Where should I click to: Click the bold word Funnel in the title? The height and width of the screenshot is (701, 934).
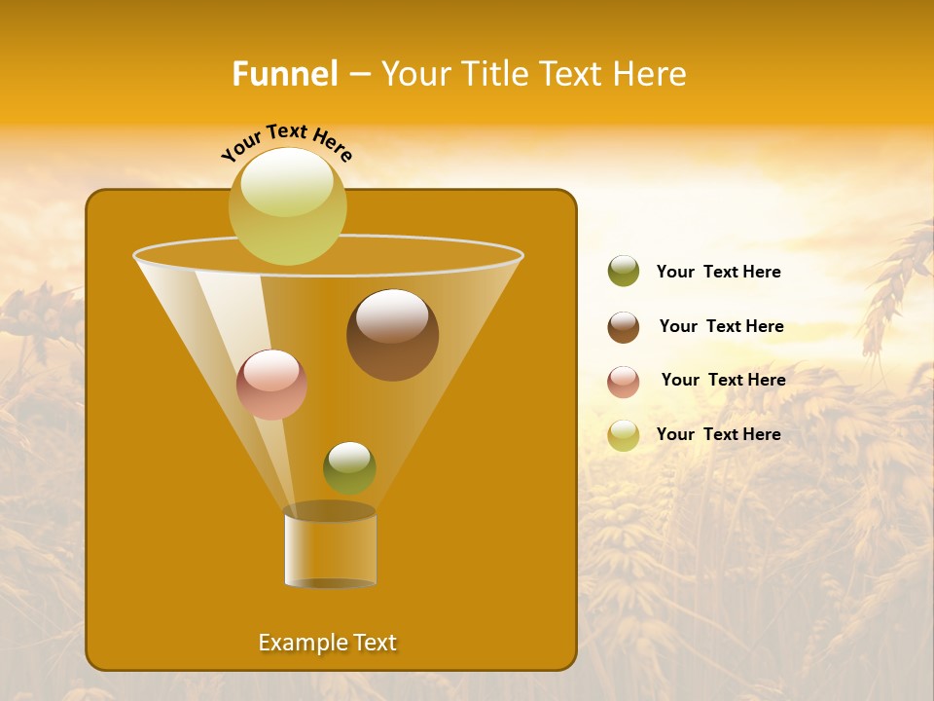pos(285,74)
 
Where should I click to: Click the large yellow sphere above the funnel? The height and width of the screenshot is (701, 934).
pos(287,205)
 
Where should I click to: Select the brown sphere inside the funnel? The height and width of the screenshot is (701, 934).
pos(392,334)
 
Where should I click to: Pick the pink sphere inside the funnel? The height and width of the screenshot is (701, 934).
pos(271,385)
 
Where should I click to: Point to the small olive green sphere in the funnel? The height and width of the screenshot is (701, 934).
pos(349,467)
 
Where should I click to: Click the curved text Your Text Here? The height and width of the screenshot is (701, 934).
pos(286,143)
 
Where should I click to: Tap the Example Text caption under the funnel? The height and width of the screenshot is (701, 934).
pos(327,643)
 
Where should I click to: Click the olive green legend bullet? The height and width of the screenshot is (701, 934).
pos(623,272)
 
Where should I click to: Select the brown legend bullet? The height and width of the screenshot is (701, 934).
pos(623,327)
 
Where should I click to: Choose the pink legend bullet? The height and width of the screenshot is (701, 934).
pos(623,382)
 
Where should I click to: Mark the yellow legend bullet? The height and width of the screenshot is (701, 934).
pos(623,435)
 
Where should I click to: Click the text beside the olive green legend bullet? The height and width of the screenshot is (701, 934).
pos(718,272)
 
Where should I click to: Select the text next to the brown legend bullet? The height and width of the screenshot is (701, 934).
pos(721,326)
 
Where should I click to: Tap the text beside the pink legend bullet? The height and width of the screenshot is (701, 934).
pos(723,380)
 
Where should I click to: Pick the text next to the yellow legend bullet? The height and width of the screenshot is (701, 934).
pos(718,434)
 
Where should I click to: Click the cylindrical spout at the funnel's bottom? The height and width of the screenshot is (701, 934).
pos(330,548)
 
